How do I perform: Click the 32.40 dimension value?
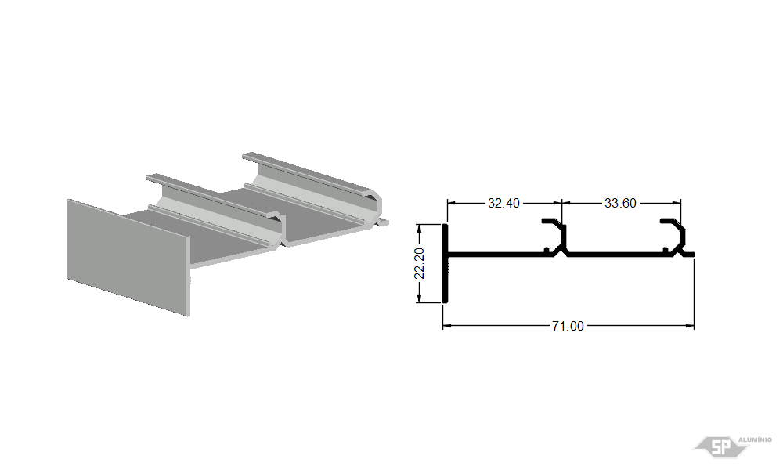[x=503, y=204]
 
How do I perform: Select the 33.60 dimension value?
[x=620, y=204]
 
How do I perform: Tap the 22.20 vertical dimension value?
[x=420, y=263]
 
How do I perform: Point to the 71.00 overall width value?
[x=568, y=326]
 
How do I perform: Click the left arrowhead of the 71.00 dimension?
[x=447, y=326]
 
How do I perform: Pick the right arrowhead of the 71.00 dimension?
[x=690, y=326]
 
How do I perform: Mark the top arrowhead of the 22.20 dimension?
[x=420, y=229]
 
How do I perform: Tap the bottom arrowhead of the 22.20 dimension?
[x=420, y=298]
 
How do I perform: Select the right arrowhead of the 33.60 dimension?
[x=677, y=203]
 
